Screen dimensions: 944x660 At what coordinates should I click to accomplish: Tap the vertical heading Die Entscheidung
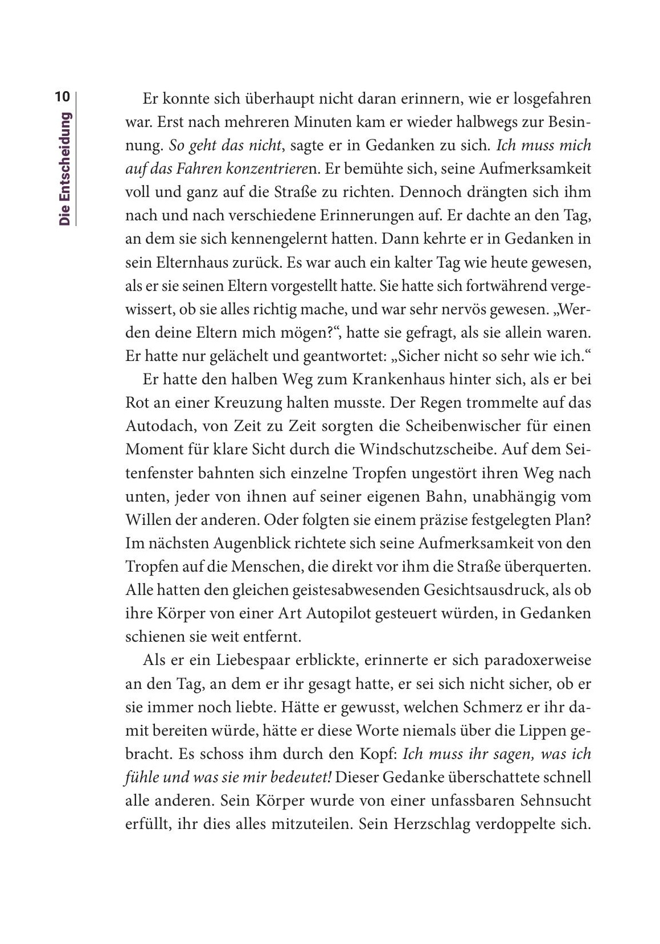pyautogui.click(x=65, y=169)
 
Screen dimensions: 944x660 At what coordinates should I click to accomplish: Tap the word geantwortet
pyautogui.click(x=342, y=357)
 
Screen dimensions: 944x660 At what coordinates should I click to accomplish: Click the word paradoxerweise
pyautogui.click(x=538, y=660)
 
